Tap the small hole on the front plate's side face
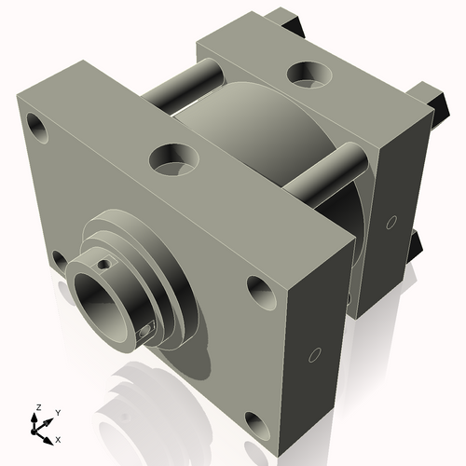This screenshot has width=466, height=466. [314, 354]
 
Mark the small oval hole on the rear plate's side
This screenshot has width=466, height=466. [392, 222]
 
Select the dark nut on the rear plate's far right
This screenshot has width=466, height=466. [434, 96]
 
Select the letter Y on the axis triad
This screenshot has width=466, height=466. [58, 412]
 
